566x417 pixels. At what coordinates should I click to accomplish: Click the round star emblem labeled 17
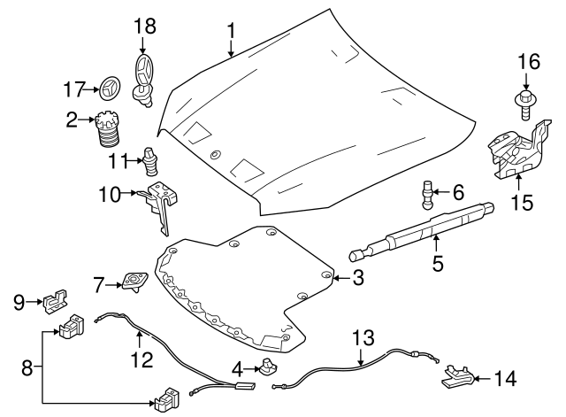111,89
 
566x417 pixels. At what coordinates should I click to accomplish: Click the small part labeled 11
150,161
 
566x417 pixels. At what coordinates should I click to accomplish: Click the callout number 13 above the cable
363,338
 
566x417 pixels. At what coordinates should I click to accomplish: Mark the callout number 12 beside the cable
141,360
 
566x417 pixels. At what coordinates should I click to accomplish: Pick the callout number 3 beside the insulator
357,279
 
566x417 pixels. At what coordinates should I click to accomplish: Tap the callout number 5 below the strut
436,263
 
